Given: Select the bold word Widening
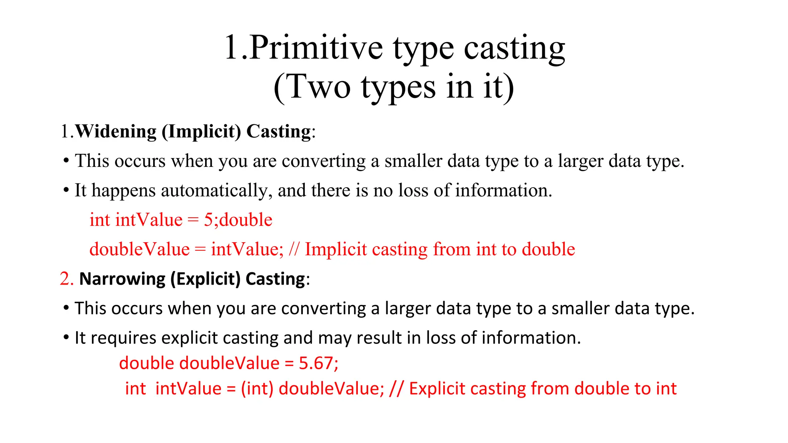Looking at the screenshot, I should click(116, 132).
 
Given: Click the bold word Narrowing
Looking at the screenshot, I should click(122, 279).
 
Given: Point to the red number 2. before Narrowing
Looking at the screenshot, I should click(67, 278).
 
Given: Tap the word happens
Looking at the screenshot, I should click(124, 191).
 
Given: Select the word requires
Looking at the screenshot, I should click(124, 338).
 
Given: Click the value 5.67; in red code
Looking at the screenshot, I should click(319, 363).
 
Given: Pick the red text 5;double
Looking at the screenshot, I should click(238, 220).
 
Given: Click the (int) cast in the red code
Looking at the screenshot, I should click(257, 388).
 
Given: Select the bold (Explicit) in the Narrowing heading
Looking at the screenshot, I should click(205, 279).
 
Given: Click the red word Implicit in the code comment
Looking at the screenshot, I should click(336, 249).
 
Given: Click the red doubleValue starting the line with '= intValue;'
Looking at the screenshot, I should click(139, 249).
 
